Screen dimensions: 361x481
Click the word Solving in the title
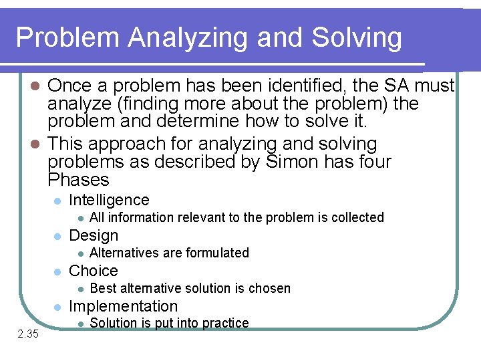pos(357,37)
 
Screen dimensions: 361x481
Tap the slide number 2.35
pos(28,334)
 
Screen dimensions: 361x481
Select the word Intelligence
pos(109,200)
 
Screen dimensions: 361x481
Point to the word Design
pos(94,235)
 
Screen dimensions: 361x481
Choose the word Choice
pos(94,271)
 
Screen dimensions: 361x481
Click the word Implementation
pos(124,306)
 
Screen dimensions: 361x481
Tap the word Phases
pos(79,180)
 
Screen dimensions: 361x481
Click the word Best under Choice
pos(103,288)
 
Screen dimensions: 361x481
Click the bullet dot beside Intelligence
pos(58,201)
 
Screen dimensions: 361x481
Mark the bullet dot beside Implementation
pos(58,307)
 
